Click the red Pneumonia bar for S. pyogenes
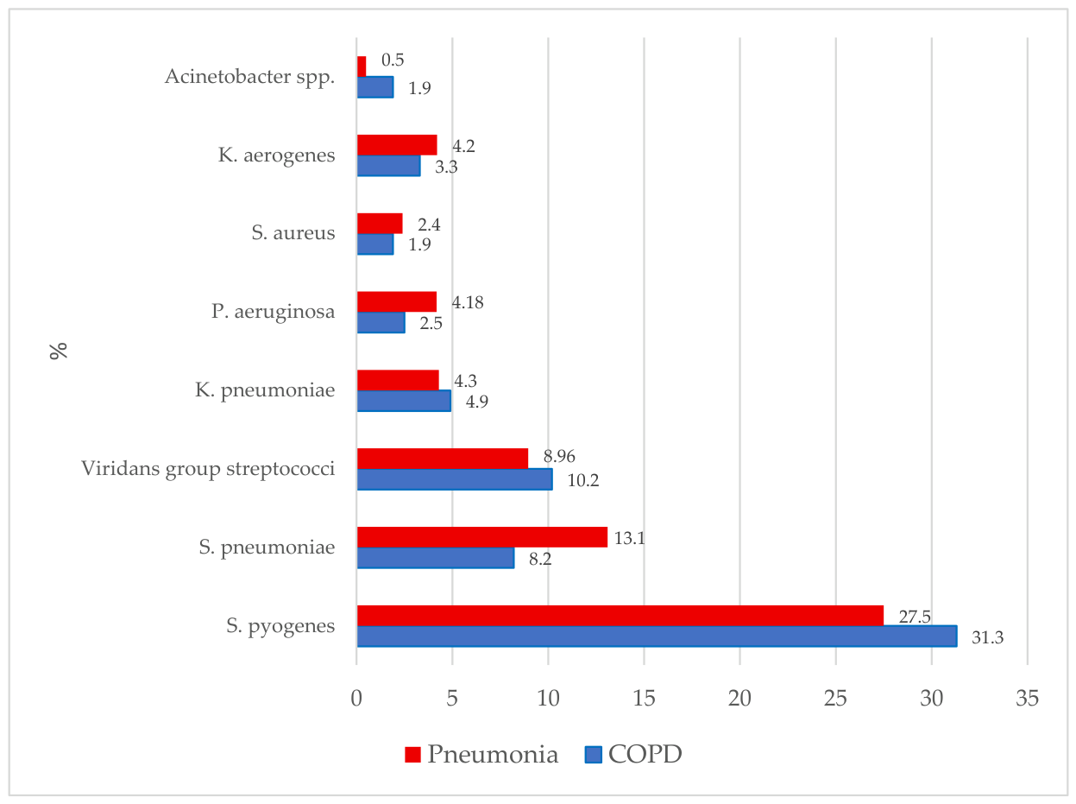(x=620, y=615)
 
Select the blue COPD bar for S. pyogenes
(x=657, y=636)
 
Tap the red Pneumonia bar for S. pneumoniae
(x=482, y=536)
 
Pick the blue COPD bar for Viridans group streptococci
(x=455, y=479)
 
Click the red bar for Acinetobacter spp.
(x=362, y=66)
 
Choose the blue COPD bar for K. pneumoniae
(x=404, y=401)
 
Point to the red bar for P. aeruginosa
(x=397, y=301)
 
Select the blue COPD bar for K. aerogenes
(x=389, y=166)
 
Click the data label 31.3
(x=987, y=637)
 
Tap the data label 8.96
(x=559, y=456)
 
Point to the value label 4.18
(x=467, y=302)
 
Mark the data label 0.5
(x=393, y=60)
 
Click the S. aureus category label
(x=293, y=232)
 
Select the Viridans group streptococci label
(x=208, y=469)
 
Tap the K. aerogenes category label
(x=276, y=155)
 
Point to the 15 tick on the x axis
(x=644, y=698)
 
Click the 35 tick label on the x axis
(x=1027, y=698)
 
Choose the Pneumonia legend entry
(x=481, y=754)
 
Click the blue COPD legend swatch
(x=593, y=755)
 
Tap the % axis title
(x=59, y=351)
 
